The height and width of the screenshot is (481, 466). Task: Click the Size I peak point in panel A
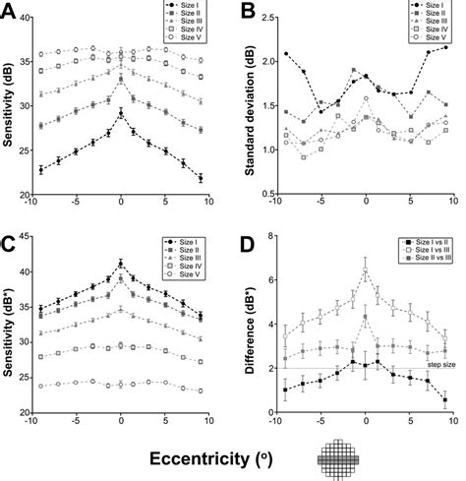121,114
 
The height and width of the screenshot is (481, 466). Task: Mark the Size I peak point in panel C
121,264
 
